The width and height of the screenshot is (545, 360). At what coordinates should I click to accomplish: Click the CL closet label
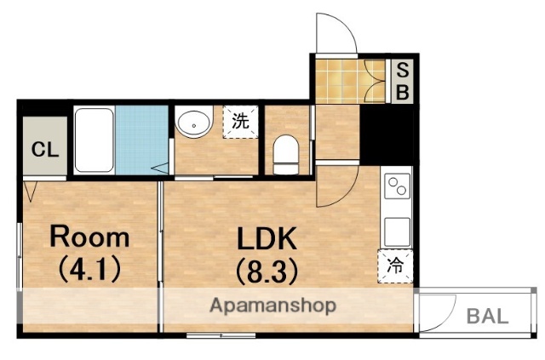tap(45, 150)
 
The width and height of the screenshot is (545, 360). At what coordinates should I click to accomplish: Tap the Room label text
tap(89, 237)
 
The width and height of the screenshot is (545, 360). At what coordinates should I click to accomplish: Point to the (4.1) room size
tap(89, 270)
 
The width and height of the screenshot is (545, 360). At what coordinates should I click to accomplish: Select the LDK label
tap(267, 238)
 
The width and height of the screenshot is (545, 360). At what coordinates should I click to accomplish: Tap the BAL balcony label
tap(487, 317)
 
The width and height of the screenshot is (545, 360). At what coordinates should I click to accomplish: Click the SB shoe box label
tap(403, 82)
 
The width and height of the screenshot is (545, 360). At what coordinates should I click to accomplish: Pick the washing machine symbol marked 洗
tap(240, 122)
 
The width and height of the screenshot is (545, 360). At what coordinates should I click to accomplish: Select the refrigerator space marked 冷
tap(395, 266)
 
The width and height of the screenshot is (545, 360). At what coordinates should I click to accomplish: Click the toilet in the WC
tap(286, 155)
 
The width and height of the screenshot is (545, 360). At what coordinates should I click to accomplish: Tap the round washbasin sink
tap(193, 122)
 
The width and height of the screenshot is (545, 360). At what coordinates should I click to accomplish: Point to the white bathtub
tap(95, 140)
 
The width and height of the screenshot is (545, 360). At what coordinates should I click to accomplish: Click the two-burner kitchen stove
tap(397, 186)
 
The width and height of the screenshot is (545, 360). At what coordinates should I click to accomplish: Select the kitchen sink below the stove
tap(397, 231)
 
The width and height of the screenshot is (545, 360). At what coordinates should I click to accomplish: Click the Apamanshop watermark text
tap(272, 306)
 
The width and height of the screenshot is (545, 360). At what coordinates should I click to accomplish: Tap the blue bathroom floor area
tap(142, 140)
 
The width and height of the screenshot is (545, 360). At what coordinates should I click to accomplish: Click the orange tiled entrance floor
tap(350, 82)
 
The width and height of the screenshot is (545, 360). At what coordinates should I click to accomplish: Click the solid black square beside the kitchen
tap(387, 134)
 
